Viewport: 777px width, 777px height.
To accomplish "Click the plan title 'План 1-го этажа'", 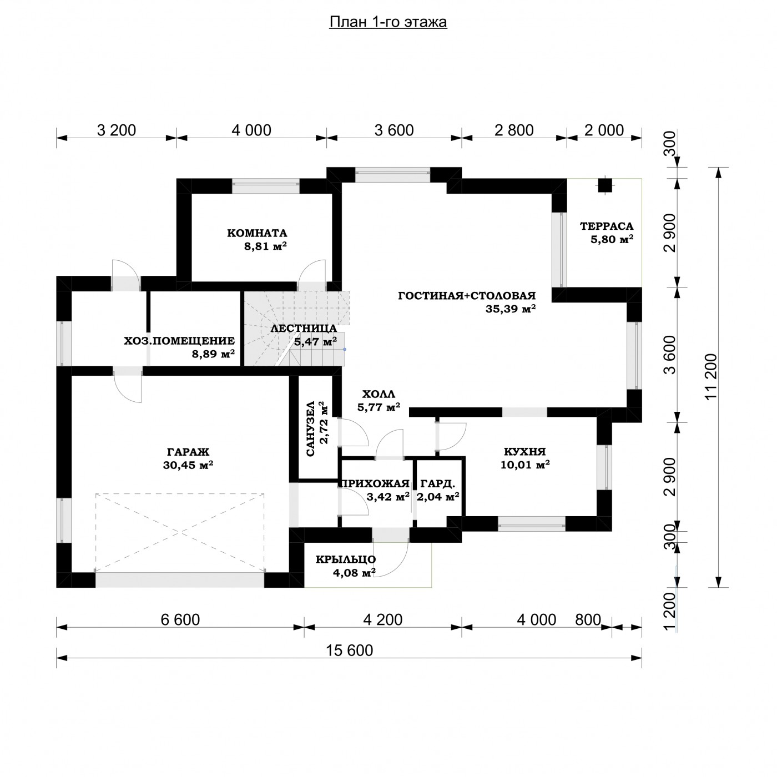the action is (388, 22).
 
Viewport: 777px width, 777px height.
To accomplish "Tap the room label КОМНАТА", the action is (258, 233).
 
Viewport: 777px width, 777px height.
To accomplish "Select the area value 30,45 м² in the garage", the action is (188, 465).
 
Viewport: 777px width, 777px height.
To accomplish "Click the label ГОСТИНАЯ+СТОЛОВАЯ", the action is (467, 296).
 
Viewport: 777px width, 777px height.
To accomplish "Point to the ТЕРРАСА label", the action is (607, 226).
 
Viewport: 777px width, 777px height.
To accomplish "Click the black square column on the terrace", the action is (604, 185).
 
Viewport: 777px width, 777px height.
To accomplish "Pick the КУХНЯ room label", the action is (525, 451).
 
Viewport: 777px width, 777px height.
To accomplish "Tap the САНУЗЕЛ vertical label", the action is (310, 428).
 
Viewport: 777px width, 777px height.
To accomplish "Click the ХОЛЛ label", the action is (379, 394).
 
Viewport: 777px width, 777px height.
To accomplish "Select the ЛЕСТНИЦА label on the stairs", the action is (304, 328).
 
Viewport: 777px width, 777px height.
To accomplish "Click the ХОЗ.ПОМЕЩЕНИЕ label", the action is (179, 341).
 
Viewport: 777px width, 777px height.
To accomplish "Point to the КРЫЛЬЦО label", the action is (346, 559).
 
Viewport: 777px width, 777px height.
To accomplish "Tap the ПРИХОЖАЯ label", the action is (375, 483).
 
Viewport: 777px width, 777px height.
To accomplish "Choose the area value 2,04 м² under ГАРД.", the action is (438, 496).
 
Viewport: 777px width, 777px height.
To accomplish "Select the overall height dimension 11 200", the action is (712, 377).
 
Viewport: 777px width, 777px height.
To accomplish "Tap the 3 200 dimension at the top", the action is (117, 130).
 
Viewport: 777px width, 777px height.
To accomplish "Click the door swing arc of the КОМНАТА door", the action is (311, 270).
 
